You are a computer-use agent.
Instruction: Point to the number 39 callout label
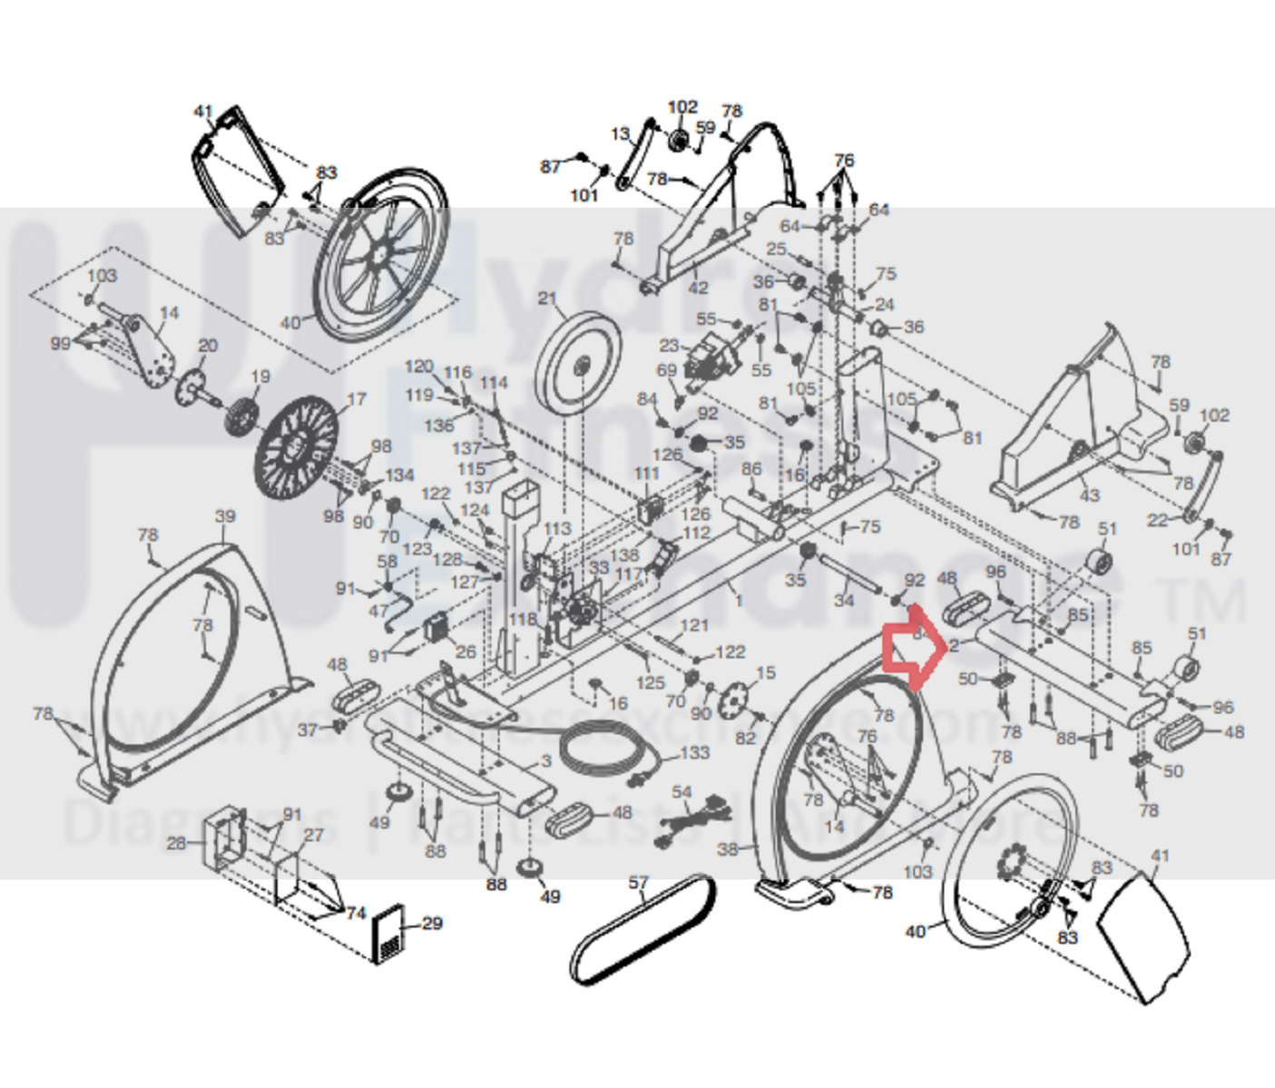pyautogui.click(x=225, y=516)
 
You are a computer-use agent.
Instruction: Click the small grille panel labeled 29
pyautogui.click(x=390, y=933)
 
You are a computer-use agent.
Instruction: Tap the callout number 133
pyautogui.click(x=694, y=752)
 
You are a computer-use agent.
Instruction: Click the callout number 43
pyautogui.click(x=1089, y=495)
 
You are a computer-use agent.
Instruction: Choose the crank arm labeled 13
pyautogui.click(x=635, y=154)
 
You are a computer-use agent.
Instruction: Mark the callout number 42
pyautogui.click(x=697, y=288)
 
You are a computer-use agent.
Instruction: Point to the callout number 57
pyautogui.click(x=639, y=882)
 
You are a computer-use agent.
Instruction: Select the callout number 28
pyautogui.click(x=176, y=843)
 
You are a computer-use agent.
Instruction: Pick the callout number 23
pyautogui.click(x=669, y=346)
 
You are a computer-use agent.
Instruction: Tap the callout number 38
pyautogui.click(x=728, y=849)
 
